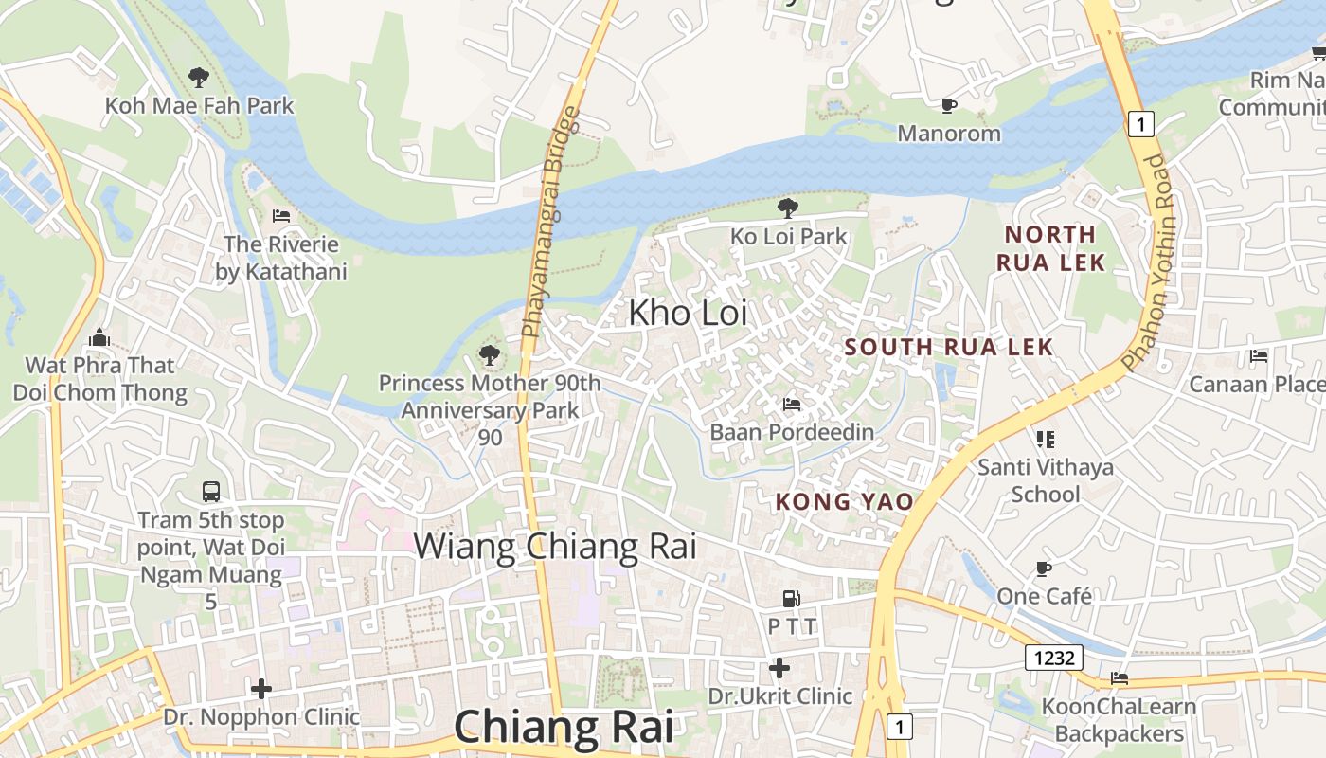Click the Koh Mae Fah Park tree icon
coord(198,77)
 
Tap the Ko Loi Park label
coord(788,236)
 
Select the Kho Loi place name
coord(688,313)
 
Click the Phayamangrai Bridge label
coord(551,224)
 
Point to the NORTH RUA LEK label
coord(1050,248)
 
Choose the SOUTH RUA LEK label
coord(949,347)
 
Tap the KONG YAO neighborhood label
coord(845,502)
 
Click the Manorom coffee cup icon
coord(949,105)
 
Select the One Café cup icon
coord(1044,568)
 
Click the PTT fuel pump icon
coord(790,599)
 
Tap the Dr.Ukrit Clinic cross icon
coord(779,669)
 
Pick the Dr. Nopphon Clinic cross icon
coord(261,689)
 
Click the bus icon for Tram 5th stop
coord(211,492)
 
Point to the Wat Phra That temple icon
coord(99,337)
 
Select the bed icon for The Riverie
coord(280,216)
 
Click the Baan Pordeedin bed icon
coord(792,405)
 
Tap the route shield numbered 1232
coord(1053,657)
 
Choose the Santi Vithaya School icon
coord(1046,439)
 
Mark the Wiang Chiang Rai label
coord(555,547)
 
